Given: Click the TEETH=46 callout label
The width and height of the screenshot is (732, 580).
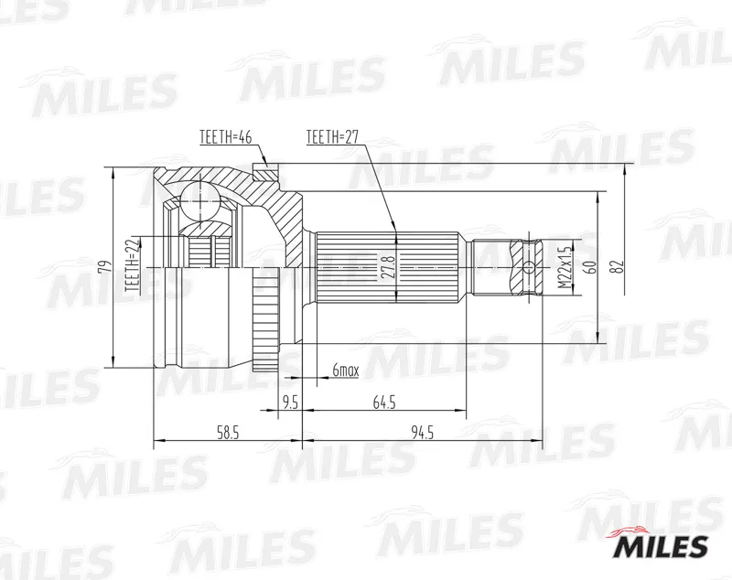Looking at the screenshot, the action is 226,137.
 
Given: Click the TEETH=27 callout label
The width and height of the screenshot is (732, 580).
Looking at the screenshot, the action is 332,136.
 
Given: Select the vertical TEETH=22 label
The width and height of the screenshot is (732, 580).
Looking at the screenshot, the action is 133,264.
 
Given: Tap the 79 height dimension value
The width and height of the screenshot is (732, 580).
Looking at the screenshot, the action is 106,266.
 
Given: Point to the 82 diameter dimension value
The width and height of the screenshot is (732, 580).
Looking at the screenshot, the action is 619,266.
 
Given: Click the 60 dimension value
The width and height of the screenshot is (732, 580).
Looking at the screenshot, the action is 591,267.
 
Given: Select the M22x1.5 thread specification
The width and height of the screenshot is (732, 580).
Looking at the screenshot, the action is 565,267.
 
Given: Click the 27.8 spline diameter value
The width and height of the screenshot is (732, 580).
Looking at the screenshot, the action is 388,267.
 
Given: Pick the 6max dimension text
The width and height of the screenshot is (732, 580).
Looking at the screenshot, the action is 346,371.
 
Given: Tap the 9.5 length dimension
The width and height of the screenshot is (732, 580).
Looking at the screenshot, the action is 290,403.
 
